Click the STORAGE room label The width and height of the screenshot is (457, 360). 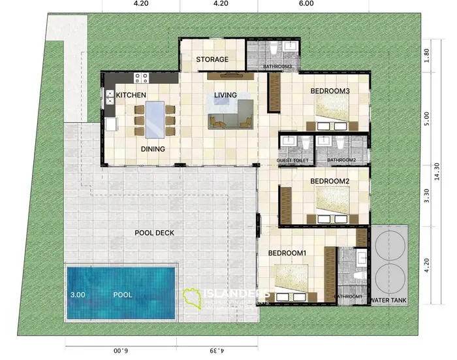212,59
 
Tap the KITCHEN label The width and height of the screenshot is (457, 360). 131,95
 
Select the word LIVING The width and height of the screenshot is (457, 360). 225,95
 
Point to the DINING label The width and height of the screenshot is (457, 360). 152,149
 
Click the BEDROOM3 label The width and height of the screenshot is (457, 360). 330,91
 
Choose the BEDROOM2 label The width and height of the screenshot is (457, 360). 330,181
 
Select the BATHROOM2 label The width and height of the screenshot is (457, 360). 341,160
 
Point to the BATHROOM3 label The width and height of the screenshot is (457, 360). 277,67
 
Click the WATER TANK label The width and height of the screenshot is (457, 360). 388,301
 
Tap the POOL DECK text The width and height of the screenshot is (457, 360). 154,233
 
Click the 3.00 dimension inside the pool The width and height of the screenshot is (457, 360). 78,295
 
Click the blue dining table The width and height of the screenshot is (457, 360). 154,120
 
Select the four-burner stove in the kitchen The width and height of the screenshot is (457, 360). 140,78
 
